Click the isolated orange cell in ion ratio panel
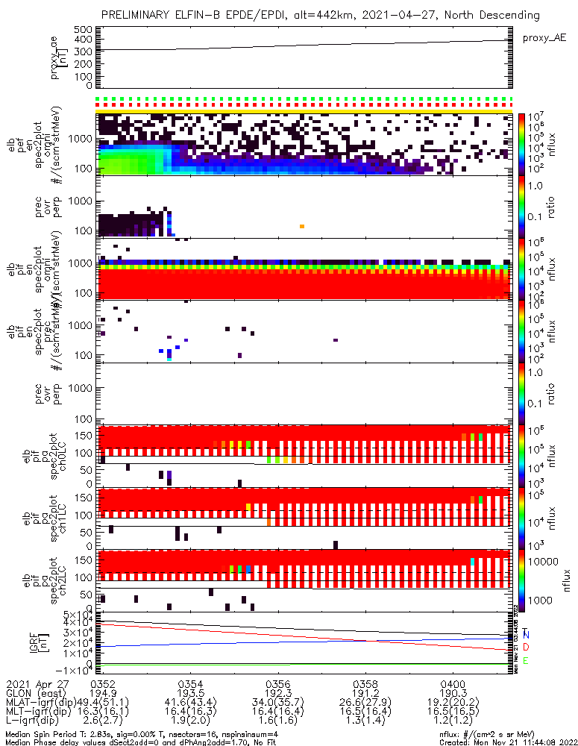point(301,226)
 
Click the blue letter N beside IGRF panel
point(526,635)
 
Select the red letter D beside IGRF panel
point(526,646)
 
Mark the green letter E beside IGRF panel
point(526,660)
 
